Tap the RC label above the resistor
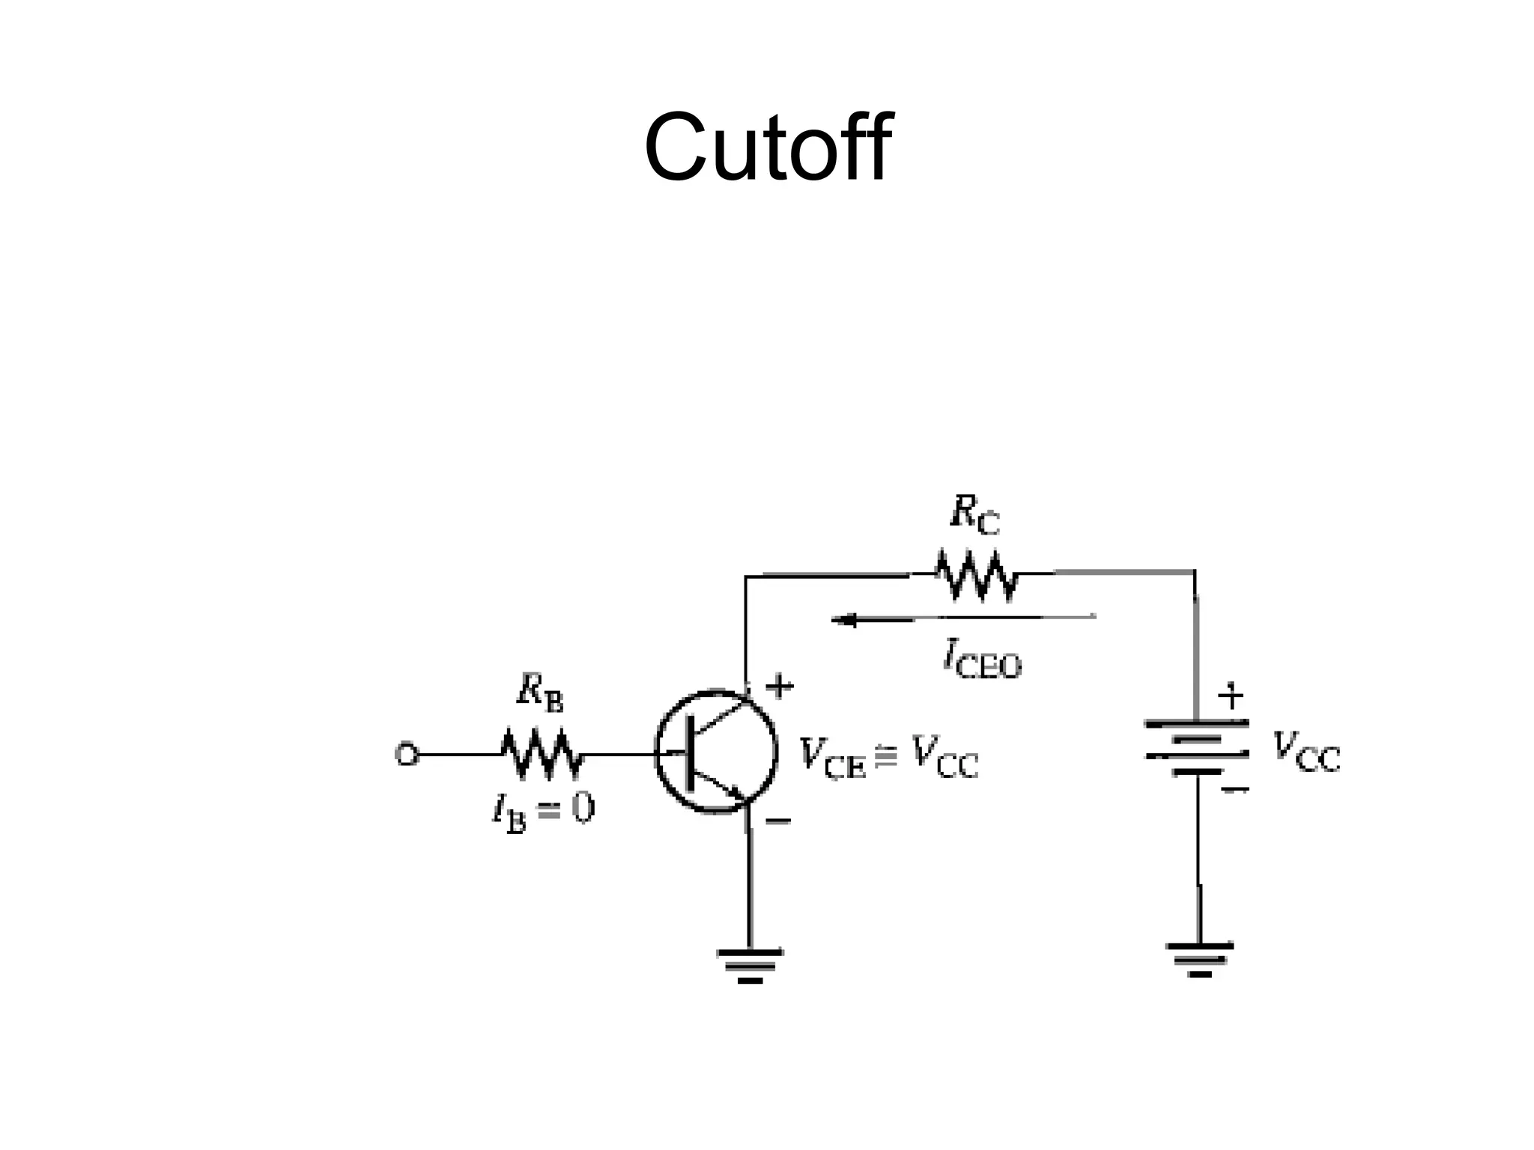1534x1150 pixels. point(974,515)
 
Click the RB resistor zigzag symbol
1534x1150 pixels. point(541,753)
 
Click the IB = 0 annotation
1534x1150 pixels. point(544,812)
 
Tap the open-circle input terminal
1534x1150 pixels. point(406,754)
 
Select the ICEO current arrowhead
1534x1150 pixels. point(843,620)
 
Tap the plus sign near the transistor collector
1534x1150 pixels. point(780,686)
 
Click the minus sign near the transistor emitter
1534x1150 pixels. point(778,822)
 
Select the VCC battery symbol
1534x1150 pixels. point(1196,747)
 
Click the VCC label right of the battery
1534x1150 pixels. point(1307,752)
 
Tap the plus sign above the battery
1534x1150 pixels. point(1231,697)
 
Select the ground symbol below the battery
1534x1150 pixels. point(1199,959)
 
